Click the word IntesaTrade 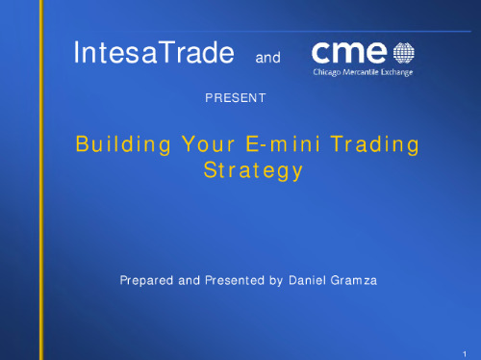click(155, 54)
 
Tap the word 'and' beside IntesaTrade click(266, 59)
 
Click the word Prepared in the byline click(144, 281)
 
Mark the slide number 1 click(464, 353)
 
